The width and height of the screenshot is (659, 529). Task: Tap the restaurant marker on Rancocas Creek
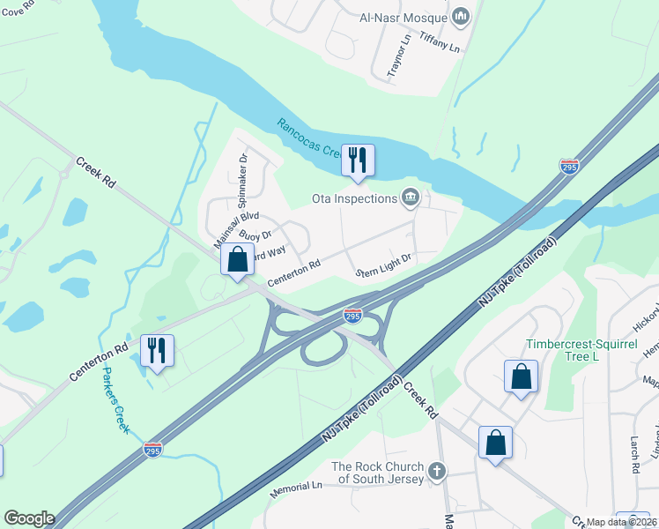[358, 160]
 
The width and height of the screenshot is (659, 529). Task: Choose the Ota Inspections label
[355, 198]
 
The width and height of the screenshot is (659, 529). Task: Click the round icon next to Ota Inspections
[410, 197]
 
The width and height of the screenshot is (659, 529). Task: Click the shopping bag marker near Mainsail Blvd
[237, 259]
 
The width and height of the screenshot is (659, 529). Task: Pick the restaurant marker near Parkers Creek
[157, 351]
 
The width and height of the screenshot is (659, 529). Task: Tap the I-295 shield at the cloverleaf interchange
[352, 315]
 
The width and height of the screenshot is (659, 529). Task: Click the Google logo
[28, 518]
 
